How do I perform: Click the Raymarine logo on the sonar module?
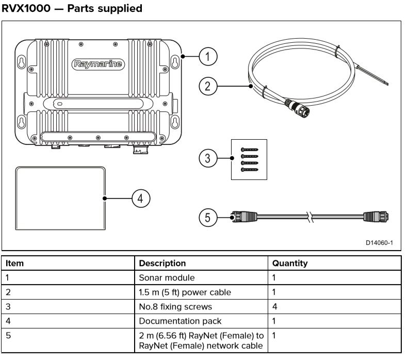tap(98, 64)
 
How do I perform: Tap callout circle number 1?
tap(207, 57)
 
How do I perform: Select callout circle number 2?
tap(207, 86)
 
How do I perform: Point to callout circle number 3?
tap(207, 158)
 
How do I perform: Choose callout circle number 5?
tap(207, 218)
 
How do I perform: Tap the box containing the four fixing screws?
tap(248, 159)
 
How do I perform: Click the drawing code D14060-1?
tap(379, 242)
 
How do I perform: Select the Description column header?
tap(162, 263)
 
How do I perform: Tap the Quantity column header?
tap(289, 263)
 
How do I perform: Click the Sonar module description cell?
tap(167, 277)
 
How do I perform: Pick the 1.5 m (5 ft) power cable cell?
tap(185, 292)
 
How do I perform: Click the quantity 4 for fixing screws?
tap(274, 306)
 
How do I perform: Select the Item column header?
tap(15, 263)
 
